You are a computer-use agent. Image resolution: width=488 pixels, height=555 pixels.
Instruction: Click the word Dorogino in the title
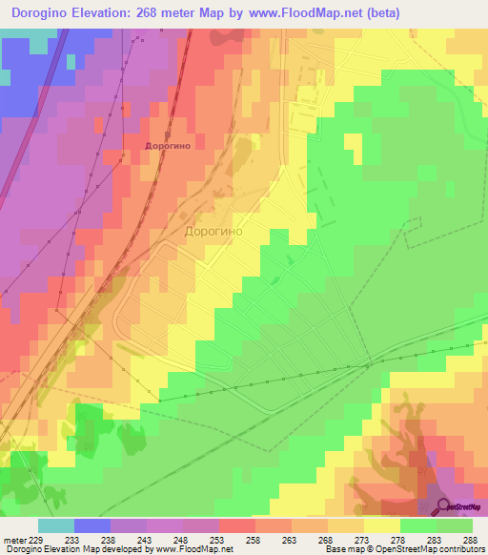[43, 13]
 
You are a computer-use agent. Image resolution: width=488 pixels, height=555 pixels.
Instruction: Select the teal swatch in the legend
[55, 526]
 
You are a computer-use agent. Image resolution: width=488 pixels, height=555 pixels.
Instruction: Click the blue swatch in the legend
[91, 526]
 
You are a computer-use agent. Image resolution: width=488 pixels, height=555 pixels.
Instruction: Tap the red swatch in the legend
[236, 526]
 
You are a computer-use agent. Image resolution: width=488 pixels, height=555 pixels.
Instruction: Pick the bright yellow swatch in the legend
[381, 526]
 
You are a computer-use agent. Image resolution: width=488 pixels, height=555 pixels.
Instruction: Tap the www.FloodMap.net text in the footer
[194, 548]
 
